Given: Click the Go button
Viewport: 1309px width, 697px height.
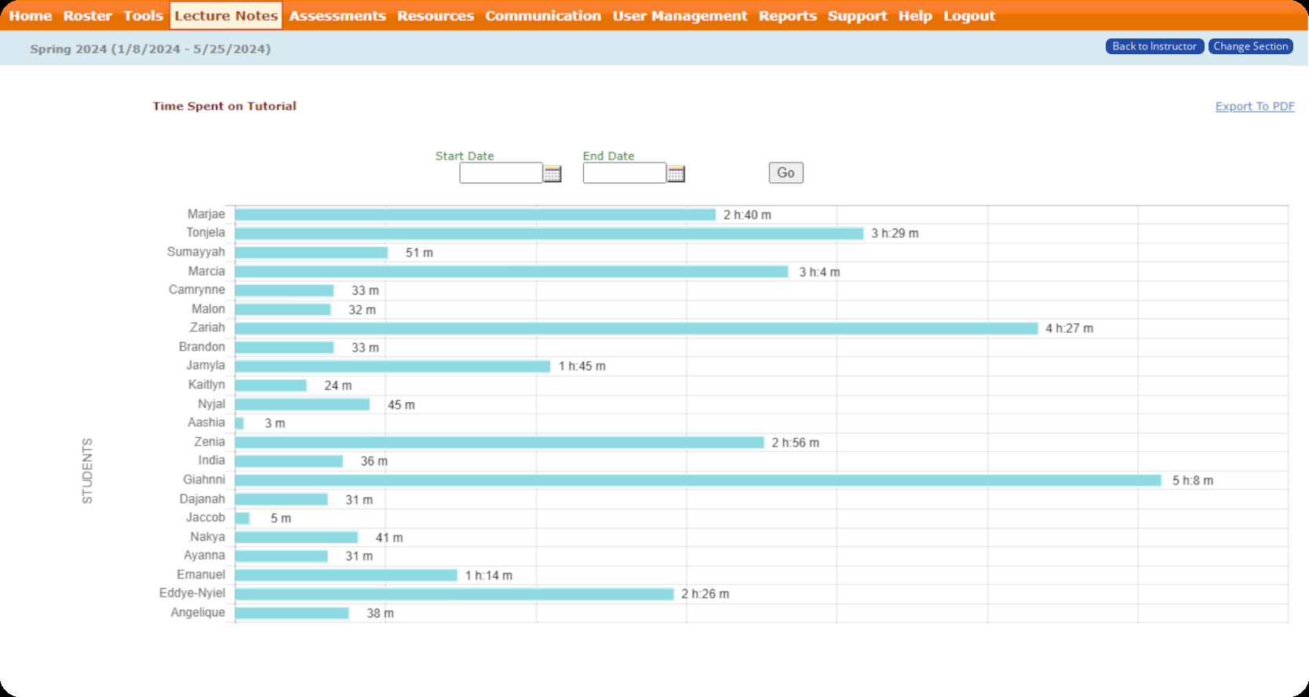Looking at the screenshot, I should [x=786, y=173].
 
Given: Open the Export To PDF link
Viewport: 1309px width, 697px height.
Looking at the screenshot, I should [x=1255, y=106].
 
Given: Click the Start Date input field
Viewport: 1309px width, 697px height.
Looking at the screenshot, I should [x=501, y=173].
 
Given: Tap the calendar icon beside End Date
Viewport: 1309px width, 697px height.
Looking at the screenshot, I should [x=676, y=173].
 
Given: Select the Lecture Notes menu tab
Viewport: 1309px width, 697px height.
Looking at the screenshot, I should [x=226, y=16].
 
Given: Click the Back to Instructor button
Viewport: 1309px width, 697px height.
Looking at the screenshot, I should [x=1154, y=46].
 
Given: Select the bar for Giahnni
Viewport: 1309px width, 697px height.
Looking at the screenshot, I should [x=698, y=480].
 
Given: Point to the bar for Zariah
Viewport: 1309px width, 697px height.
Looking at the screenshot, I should [x=636, y=328].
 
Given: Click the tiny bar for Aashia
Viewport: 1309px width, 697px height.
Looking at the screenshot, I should [x=239, y=424].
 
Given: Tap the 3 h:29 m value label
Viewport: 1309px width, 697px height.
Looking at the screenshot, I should [x=895, y=233].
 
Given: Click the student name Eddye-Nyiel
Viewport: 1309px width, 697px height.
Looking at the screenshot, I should [x=192, y=593].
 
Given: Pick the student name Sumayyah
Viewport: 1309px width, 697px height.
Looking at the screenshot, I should [x=196, y=252].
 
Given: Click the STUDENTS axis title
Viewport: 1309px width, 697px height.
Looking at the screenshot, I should [x=87, y=471].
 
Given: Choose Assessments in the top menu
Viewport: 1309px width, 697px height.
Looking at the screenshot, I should [x=337, y=16].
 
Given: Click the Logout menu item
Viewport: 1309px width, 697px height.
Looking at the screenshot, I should [x=969, y=16].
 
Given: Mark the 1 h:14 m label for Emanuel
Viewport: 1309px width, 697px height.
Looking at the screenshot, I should [x=488, y=575].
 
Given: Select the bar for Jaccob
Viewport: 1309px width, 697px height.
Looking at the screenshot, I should [x=242, y=518].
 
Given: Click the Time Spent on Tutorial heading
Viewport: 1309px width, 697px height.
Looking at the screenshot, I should [x=224, y=106].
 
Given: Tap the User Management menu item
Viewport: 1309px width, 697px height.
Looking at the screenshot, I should [x=680, y=16].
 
